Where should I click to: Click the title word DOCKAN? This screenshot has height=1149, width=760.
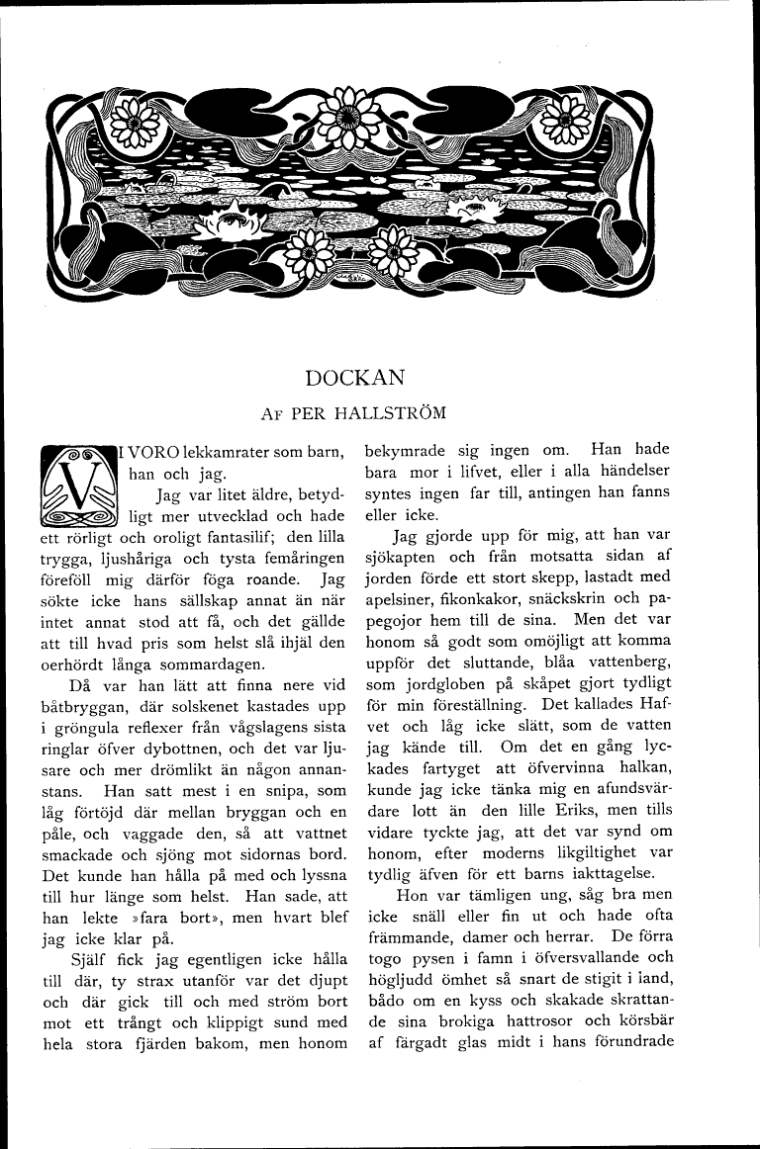355,378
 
